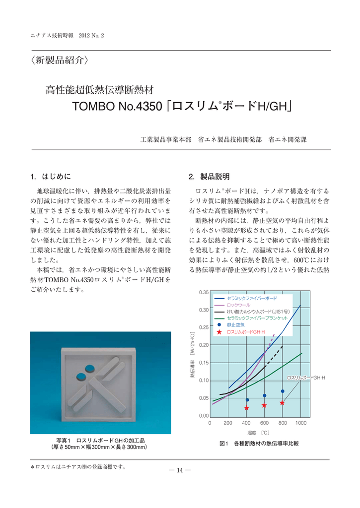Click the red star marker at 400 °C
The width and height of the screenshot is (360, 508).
pyautogui.click(x=246, y=408)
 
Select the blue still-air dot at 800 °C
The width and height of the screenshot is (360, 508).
pyautogui.click(x=283, y=391)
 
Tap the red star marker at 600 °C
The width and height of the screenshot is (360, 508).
pyautogui.click(x=264, y=405)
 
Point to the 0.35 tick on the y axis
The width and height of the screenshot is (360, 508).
pyautogui.click(x=204, y=292)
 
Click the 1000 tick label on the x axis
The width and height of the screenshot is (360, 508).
pyautogui.click(x=300, y=423)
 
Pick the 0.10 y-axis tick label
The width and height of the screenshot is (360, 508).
pyautogui.click(x=204, y=381)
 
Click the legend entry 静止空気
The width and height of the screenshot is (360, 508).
pyautogui.click(x=235, y=324)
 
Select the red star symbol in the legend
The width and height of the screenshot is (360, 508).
pyautogui.click(x=219, y=331)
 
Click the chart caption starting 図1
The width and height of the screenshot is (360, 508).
pyautogui.click(x=259, y=443)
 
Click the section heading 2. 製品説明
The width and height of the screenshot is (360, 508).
pyautogui.click(x=209, y=176)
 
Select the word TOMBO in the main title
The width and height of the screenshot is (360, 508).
pyautogui.click(x=92, y=106)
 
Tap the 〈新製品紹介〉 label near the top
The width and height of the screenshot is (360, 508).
pyautogui.click(x=60, y=62)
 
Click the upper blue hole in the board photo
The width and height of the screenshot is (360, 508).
pyautogui.click(x=90, y=368)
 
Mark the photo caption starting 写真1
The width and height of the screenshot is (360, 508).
pyautogui.click(x=99, y=444)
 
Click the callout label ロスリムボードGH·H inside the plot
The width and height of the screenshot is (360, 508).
pyautogui.click(x=305, y=378)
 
